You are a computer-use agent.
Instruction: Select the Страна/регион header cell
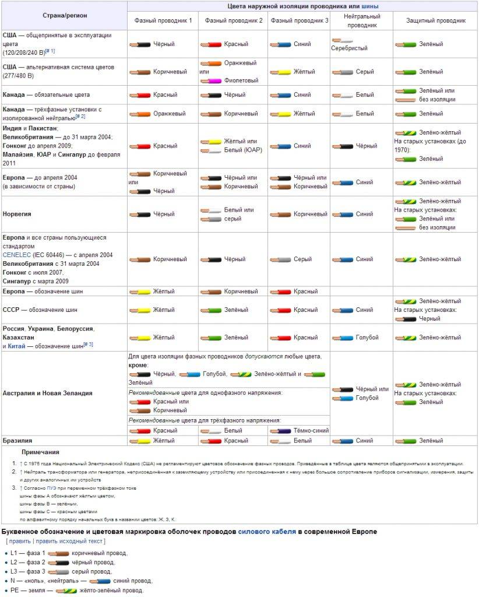64,14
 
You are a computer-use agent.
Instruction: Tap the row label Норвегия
17,214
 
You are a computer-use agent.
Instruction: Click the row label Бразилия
17,441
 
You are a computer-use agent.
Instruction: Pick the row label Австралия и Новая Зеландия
47,393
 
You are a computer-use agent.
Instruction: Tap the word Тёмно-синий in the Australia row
311,430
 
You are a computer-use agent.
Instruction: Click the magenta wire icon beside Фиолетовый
210,80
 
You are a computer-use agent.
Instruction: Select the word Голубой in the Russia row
367,338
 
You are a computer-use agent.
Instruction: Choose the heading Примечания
40,452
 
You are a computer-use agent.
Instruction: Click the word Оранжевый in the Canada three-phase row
169,114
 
